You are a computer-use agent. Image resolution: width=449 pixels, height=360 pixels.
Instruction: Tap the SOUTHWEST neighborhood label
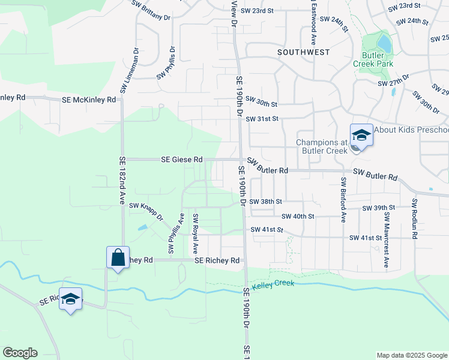(304, 52)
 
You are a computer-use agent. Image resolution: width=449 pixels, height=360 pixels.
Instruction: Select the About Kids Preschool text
(411, 130)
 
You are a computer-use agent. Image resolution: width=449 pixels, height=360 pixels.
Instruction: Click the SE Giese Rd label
(182, 160)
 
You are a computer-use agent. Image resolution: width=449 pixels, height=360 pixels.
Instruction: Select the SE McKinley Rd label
(89, 100)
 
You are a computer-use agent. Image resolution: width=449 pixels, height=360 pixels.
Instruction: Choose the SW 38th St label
(265, 202)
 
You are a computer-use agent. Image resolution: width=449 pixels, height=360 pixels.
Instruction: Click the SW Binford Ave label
(343, 200)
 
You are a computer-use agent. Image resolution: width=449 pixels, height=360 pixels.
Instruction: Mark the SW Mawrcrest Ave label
(387, 240)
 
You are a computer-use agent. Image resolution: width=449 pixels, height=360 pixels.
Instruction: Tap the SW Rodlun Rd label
(414, 219)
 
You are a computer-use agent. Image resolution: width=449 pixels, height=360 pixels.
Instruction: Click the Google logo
(20, 353)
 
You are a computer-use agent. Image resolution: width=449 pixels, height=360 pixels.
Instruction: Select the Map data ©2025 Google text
(411, 355)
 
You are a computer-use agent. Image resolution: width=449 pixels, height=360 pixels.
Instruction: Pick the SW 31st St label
(262, 119)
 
